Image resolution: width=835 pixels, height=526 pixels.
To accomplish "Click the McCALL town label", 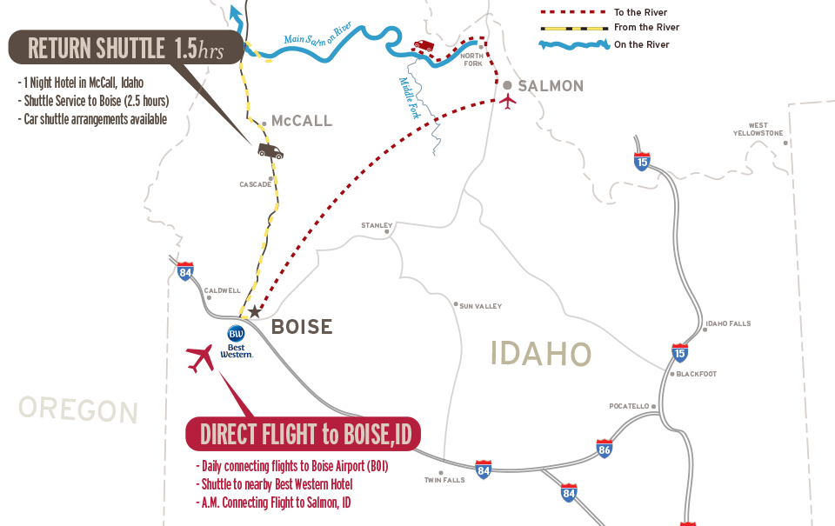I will point(302,121).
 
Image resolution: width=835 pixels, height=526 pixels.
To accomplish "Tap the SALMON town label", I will point(550,85).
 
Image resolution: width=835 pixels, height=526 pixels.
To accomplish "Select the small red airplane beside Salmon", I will point(508,100).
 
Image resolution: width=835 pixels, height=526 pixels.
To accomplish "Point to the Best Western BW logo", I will point(237,333).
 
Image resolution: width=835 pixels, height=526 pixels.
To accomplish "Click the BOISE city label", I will point(302,327).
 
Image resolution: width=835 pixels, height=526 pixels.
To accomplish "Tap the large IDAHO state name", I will point(541,354).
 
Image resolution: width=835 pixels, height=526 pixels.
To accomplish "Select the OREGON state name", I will point(78,409).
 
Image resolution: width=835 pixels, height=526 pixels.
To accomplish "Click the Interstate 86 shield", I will point(605,449).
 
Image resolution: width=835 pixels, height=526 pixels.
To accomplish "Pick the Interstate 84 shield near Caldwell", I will point(184,272).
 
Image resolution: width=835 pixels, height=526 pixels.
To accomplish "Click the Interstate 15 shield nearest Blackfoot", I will point(680,353).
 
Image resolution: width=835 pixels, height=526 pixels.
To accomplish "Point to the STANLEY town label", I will point(377,225).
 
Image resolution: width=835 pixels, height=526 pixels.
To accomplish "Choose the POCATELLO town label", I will point(629,406).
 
